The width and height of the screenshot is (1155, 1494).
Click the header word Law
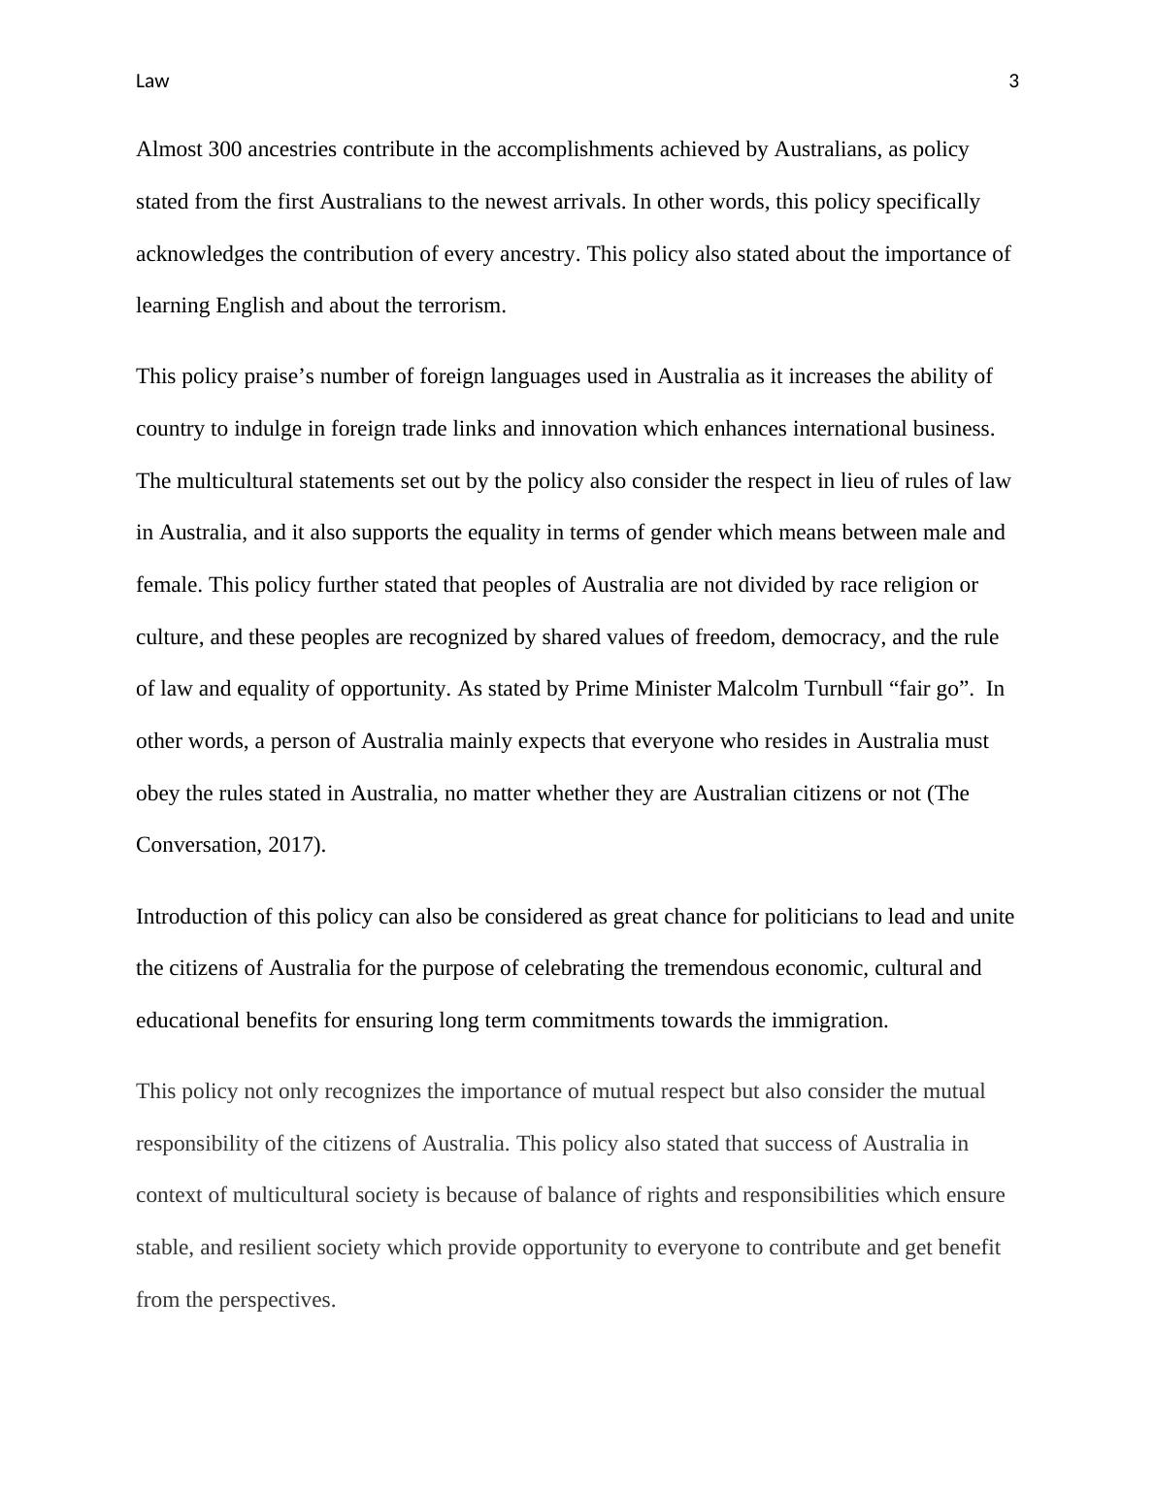click(152, 81)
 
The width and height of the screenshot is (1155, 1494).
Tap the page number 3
click(1014, 81)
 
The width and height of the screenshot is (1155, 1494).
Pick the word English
click(249, 306)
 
